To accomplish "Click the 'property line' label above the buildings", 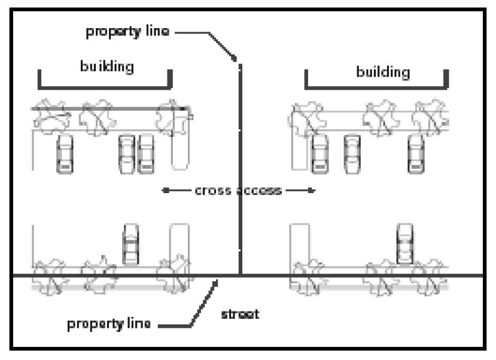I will (x=128, y=32).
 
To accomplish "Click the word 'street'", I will (x=240, y=313).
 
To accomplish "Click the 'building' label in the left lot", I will (x=106, y=66).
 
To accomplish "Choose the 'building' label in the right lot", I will (x=383, y=72).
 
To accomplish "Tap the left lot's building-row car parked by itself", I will (x=64, y=154).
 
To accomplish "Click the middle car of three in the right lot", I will (x=352, y=154).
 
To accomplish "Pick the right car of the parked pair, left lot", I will (x=146, y=154).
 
